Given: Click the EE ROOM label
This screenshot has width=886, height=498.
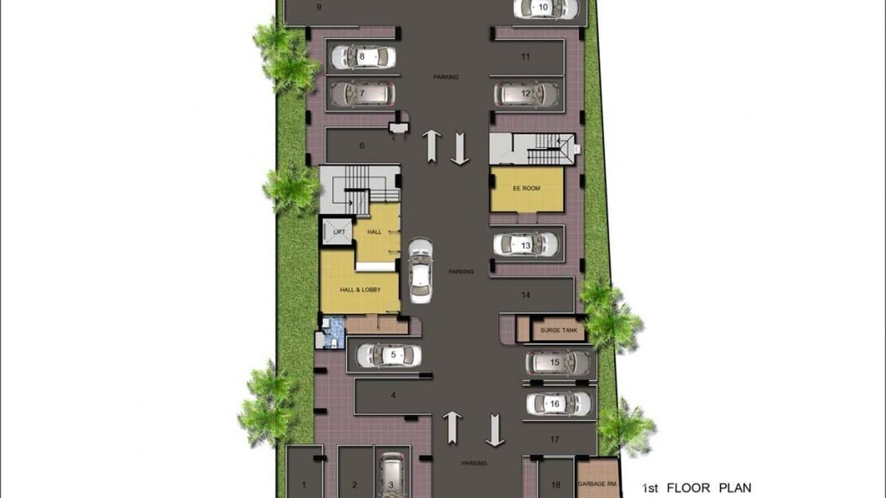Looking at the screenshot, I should (526, 188).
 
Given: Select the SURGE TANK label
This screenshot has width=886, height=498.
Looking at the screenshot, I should (559, 330).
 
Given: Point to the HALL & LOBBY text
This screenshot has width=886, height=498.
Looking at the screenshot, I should (360, 289).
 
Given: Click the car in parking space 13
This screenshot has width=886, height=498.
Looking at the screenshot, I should (526, 245).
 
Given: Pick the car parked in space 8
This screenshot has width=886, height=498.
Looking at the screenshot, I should (362, 57).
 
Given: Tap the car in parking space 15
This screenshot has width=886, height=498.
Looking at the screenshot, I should (559, 363).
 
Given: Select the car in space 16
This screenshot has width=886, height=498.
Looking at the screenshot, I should (559, 404).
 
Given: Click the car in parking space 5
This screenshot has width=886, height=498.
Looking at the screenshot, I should (389, 355).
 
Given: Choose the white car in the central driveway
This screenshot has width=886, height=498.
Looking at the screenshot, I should (421, 270).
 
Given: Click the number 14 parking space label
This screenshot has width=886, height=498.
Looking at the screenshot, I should (526, 295).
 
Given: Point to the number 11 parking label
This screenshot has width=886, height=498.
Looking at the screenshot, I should (526, 57).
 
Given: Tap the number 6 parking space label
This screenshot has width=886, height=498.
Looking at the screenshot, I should (362, 146).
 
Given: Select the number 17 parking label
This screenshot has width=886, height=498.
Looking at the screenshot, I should (555, 439).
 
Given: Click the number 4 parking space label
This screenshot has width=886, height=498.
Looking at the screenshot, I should (393, 396).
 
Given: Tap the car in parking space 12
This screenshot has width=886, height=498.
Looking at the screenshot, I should (527, 94).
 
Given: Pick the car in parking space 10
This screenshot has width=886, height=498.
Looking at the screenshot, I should (546, 8).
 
